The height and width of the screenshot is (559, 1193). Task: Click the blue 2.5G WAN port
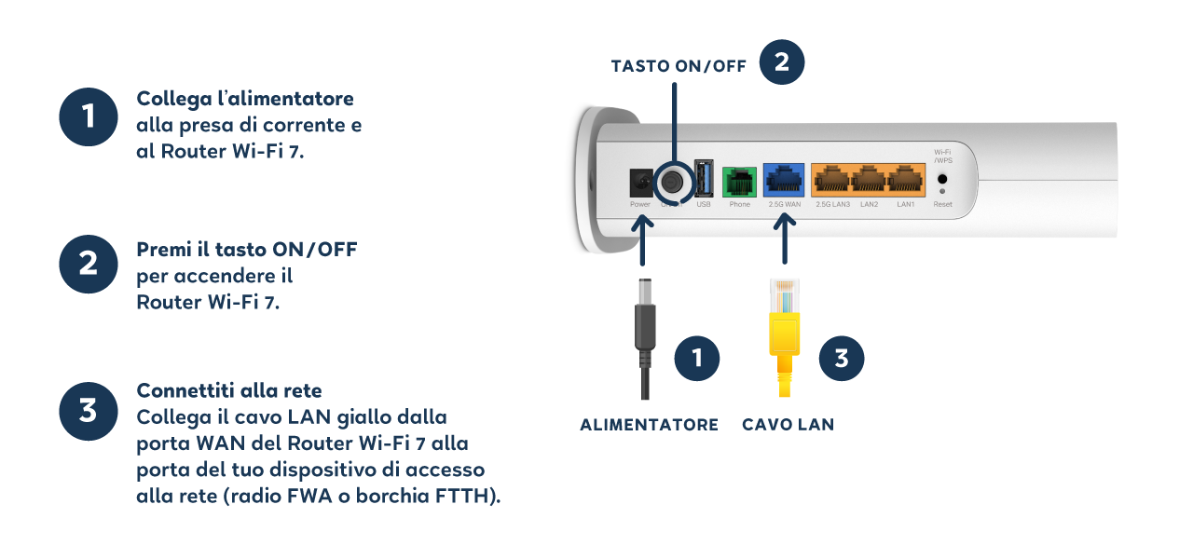(x=784, y=179)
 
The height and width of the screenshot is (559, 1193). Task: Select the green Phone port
(x=739, y=181)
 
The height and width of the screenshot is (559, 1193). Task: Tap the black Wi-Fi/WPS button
(x=942, y=178)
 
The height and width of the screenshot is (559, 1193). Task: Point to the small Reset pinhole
(x=942, y=192)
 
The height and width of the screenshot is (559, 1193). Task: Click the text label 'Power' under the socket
(x=640, y=204)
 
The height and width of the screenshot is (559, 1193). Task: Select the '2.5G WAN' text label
(x=784, y=204)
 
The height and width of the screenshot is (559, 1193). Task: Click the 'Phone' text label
(x=739, y=204)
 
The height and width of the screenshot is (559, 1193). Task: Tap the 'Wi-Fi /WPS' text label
(x=942, y=156)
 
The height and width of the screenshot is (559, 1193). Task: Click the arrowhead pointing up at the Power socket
(x=643, y=224)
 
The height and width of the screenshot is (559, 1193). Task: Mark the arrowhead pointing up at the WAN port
(x=784, y=224)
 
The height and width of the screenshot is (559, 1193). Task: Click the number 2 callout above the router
(x=782, y=62)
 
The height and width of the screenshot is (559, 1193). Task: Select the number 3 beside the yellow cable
(x=842, y=359)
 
